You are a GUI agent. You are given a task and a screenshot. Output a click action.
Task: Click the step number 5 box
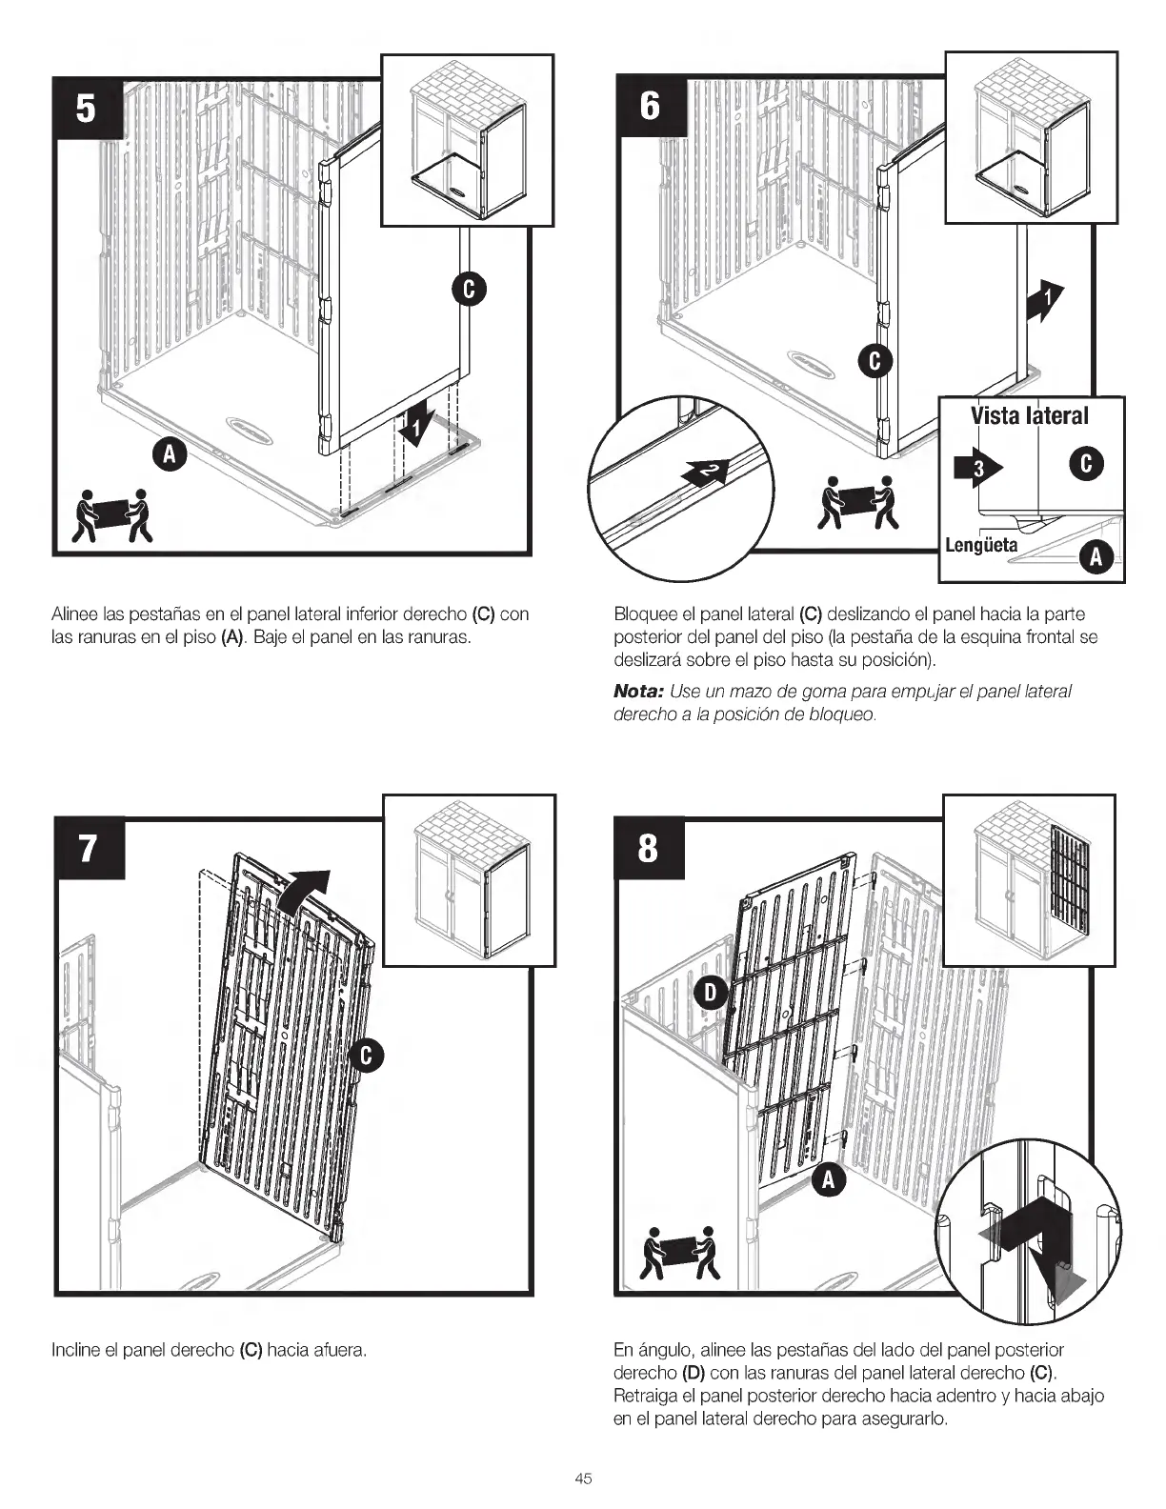(x=86, y=109)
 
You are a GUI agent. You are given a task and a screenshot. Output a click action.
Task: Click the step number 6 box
(x=650, y=106)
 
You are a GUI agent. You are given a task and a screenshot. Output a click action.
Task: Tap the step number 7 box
(x=89, y=847)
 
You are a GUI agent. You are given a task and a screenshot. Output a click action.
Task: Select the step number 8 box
(x=648, y=847)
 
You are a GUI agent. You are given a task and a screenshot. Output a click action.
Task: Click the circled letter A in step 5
(x=171, y=455)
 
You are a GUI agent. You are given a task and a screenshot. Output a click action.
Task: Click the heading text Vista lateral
(x=1029, y=415)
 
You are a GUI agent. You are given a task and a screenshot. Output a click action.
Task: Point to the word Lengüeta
(x=980, y=546)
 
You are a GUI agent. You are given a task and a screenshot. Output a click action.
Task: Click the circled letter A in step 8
(x=829, y=1180)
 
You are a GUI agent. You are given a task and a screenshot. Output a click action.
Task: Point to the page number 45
(x=583, y=1479)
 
